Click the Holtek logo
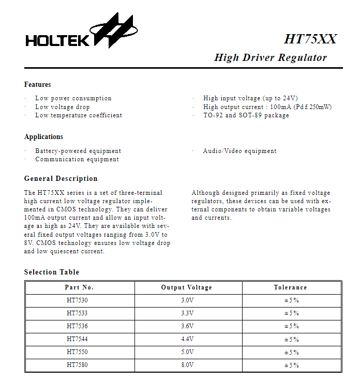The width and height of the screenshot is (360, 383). [x=82, y=34]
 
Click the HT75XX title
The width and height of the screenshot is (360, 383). [x=310, y=39]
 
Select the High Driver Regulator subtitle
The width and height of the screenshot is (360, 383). [x=271, y=57]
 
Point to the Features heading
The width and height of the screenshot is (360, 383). [x=38, y=85]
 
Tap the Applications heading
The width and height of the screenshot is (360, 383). [x=44, y=137]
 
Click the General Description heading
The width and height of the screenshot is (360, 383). [x=61, y=179]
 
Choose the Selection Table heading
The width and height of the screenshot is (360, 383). [x=52, y=272]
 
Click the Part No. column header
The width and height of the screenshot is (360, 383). [x=80, y=287]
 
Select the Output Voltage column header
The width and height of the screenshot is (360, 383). [x=187, y=287]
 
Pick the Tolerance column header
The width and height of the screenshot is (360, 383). [x=291, y=287]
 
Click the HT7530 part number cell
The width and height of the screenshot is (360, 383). [x=80, y=300]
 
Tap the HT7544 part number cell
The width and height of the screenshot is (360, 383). [x=80, y=340]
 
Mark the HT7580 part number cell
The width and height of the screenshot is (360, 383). [x=80, y=365]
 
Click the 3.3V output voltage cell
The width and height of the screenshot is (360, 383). [x=187, y=313]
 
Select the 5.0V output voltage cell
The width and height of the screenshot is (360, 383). [x=187, y=353]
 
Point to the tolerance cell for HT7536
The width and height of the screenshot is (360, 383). [x=291, y=326]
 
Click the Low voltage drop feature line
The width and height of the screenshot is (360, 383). [x=63, y=107]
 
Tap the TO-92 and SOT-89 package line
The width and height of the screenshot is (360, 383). [x=246, y=115]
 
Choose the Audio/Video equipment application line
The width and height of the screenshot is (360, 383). [x=240, y=151]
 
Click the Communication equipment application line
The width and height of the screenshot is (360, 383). [x=77, y=159]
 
